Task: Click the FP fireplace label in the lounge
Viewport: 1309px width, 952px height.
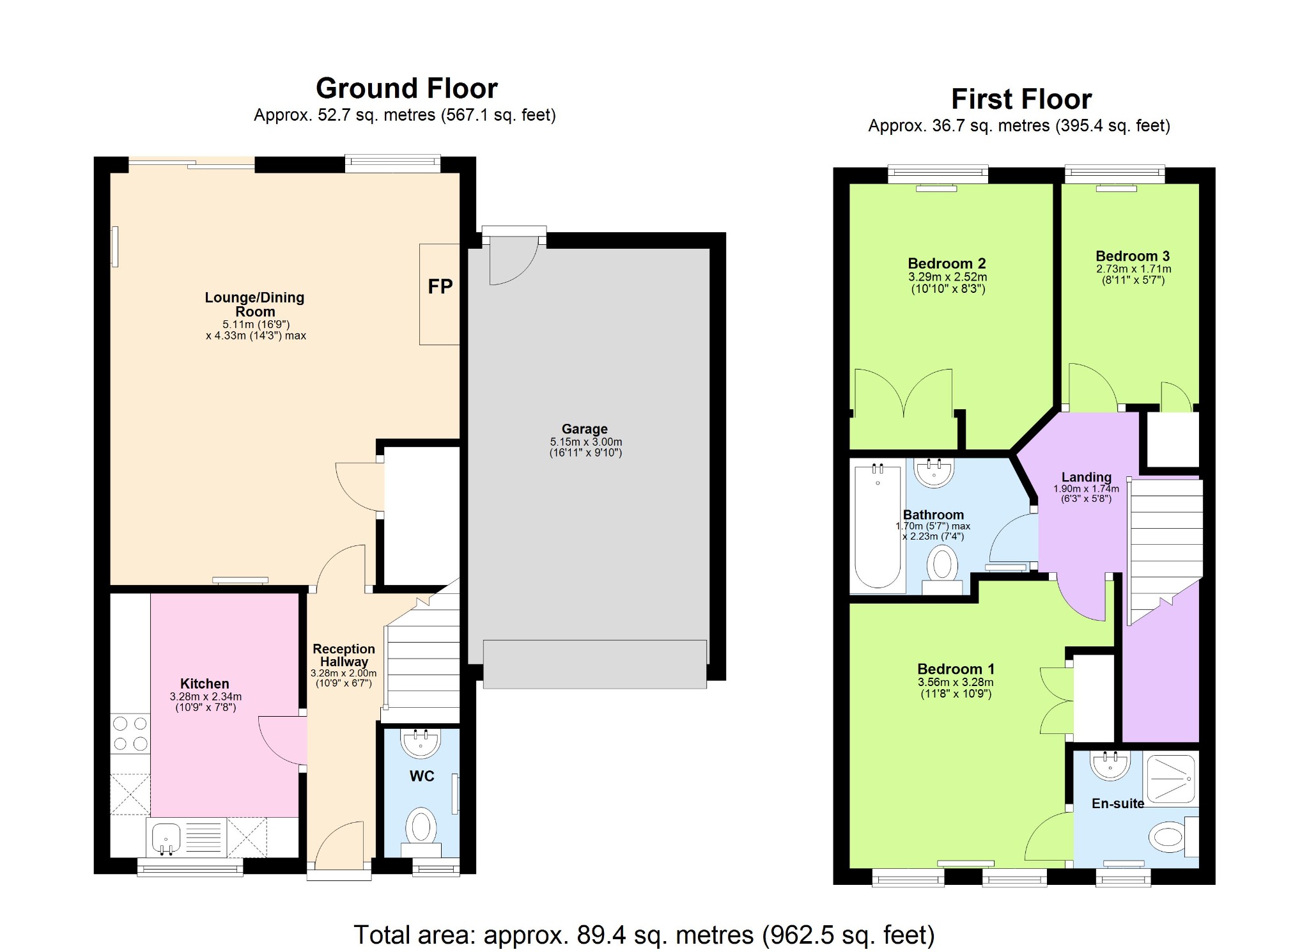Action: (x=440, y=286)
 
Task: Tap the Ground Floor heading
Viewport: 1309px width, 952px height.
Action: (x=407, y=88)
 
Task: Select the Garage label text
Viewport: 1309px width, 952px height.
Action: (x=584, y=429)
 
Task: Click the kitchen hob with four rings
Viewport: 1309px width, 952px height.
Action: (x=130, y=733)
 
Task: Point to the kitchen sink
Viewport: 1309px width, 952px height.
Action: (x=166, y=836)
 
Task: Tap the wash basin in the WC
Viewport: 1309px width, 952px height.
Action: (x=421, y=743)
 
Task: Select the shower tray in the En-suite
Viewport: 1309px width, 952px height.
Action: (x=1170, y=779)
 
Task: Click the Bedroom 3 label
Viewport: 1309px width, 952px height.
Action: (x=1133, y=256)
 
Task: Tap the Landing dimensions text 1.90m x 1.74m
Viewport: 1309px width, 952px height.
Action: (x=1086, y=488)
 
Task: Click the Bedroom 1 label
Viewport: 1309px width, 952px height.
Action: (x=956, y=669)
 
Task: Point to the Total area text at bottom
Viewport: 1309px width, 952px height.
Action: (x=644, y=935)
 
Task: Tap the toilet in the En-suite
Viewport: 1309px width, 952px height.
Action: (x=1168, y=836)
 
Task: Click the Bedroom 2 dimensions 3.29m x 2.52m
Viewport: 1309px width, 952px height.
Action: (x=947, y=277)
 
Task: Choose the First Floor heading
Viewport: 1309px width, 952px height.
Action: (x=1021, y=99)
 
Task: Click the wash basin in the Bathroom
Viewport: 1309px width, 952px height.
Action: (x=934, y=472)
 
